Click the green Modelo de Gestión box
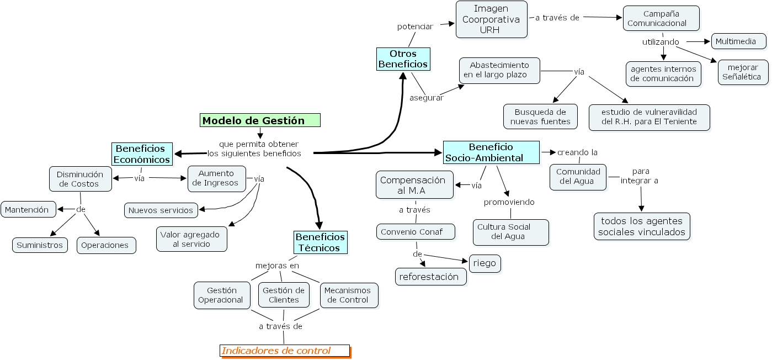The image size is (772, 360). point(260,120)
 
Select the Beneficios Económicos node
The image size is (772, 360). point(141,154)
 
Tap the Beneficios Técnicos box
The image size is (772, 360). point(320,242)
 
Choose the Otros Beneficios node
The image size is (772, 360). point(403,59)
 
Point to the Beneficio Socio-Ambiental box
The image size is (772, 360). point(491,152)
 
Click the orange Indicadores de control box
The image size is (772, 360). point(284,351)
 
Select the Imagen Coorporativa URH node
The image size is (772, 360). point(491,19)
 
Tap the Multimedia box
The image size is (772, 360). point(738,41)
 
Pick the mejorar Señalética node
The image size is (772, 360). point(743,72)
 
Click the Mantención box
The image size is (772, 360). point(28,209)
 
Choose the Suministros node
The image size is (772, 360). point(40,245)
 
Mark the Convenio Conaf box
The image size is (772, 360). point(416,232)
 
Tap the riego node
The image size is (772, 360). point(485,264)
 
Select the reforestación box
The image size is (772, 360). point(430,277)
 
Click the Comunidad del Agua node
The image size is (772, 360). point(578,177)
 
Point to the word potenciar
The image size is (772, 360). point(415,27)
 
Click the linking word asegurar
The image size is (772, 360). point(426,98)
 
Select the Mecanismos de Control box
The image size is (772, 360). point(349,295)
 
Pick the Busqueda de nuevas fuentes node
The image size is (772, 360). point(540,117)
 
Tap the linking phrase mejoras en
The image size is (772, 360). point(277,266)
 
